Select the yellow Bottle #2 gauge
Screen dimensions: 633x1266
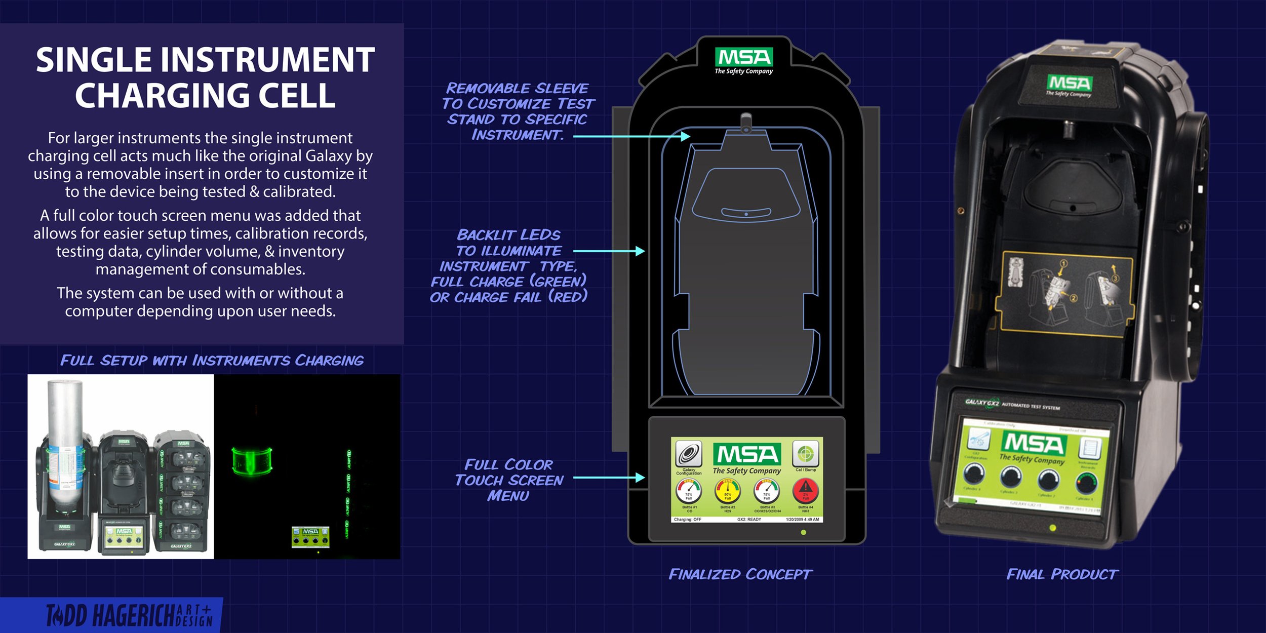click(728, 491)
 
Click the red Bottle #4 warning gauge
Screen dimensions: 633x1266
click(806, 491)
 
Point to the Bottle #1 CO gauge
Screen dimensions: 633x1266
click(689, 491)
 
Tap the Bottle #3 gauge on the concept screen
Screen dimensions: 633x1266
click(767, 491)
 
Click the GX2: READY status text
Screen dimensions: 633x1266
click(749, 520)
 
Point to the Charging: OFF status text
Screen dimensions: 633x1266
click(688, 520)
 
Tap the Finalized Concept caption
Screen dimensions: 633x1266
click(740, 574)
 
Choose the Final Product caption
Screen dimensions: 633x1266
click(1062, 574)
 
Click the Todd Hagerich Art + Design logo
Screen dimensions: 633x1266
click(129, 615)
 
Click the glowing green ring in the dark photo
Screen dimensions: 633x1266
click(252, 461)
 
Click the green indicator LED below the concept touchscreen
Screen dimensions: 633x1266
click(803, 532)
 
